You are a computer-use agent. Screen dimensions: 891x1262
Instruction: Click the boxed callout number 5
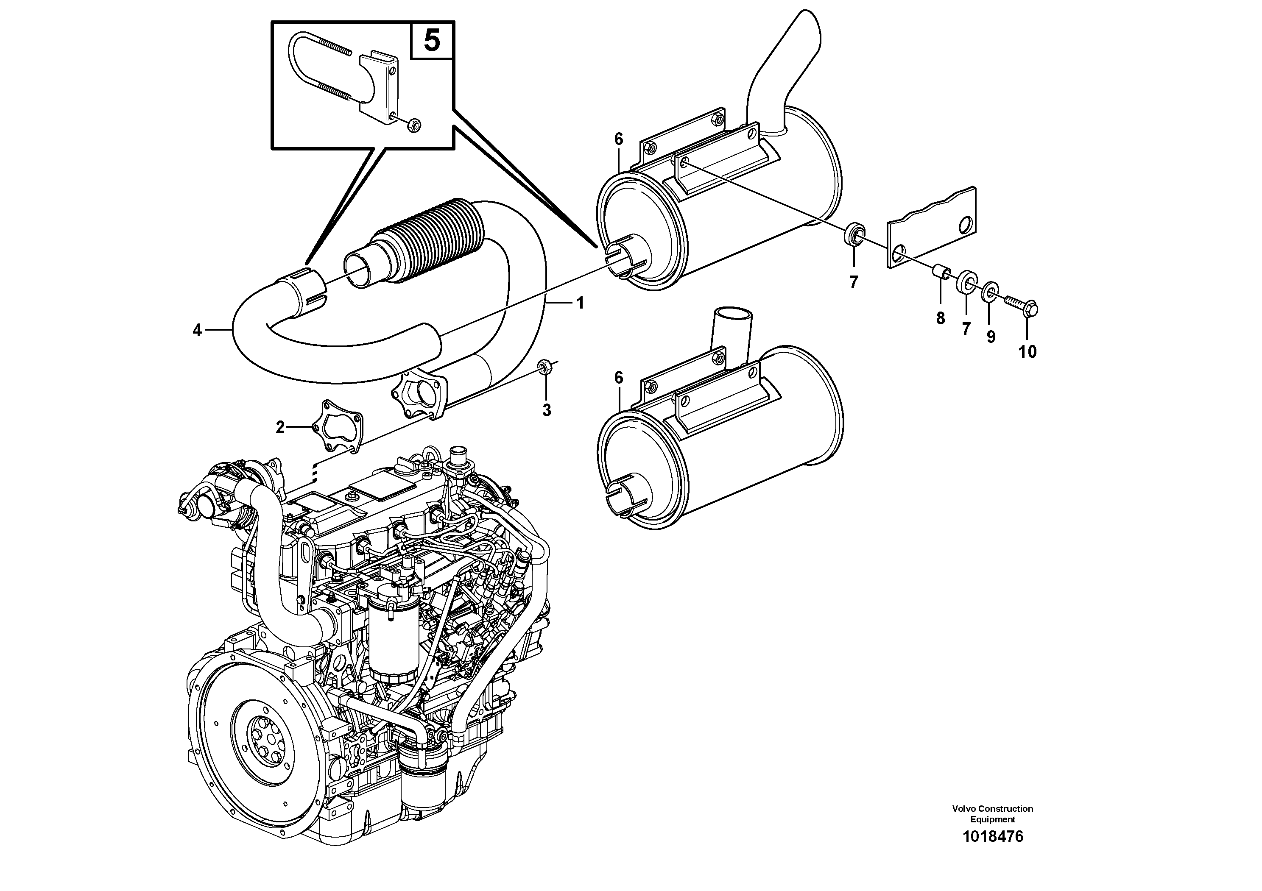(432, 40)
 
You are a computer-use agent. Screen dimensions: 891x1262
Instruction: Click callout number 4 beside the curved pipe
(197, 330)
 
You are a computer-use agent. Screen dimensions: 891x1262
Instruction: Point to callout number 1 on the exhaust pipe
(579, 303)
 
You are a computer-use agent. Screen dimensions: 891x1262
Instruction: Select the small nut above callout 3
(545, 366)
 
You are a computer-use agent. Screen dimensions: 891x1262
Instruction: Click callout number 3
(546, 410)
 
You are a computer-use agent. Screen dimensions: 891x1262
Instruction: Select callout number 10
(1027, 351)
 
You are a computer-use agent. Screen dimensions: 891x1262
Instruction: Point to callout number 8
(941, 318)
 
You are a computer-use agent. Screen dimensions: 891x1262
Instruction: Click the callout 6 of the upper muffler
(619, 139)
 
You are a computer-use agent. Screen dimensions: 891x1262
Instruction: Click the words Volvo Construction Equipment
(993, 813)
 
